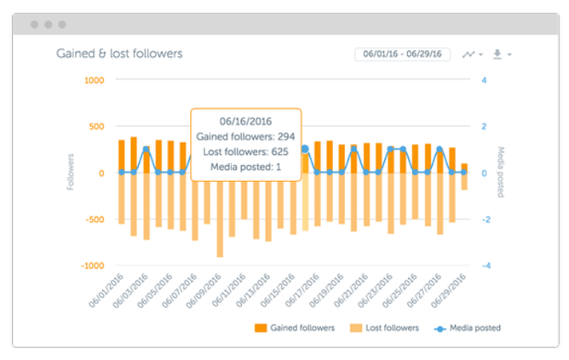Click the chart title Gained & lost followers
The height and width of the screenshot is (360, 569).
coord(119,54)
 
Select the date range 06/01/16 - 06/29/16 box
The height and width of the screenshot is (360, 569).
coord(401,54)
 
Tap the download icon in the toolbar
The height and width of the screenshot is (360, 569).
coord(498,54)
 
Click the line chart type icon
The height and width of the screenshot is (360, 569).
coord(468,54)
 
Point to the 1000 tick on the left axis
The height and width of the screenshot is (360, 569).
coord(94,80)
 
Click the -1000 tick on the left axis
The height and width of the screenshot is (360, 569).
coord(91,266)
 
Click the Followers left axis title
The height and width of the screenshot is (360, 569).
coord(72,172)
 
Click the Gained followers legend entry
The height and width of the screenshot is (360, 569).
coord(297,327)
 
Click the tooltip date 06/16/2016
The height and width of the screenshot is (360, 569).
coord(245,120)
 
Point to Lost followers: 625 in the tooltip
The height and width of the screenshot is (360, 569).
coord(245,151)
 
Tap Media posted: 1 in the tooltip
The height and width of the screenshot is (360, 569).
coord(245,167)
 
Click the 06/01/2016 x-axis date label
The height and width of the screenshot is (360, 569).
coord(108,289)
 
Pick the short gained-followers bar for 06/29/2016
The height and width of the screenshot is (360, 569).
coord(464,168)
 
